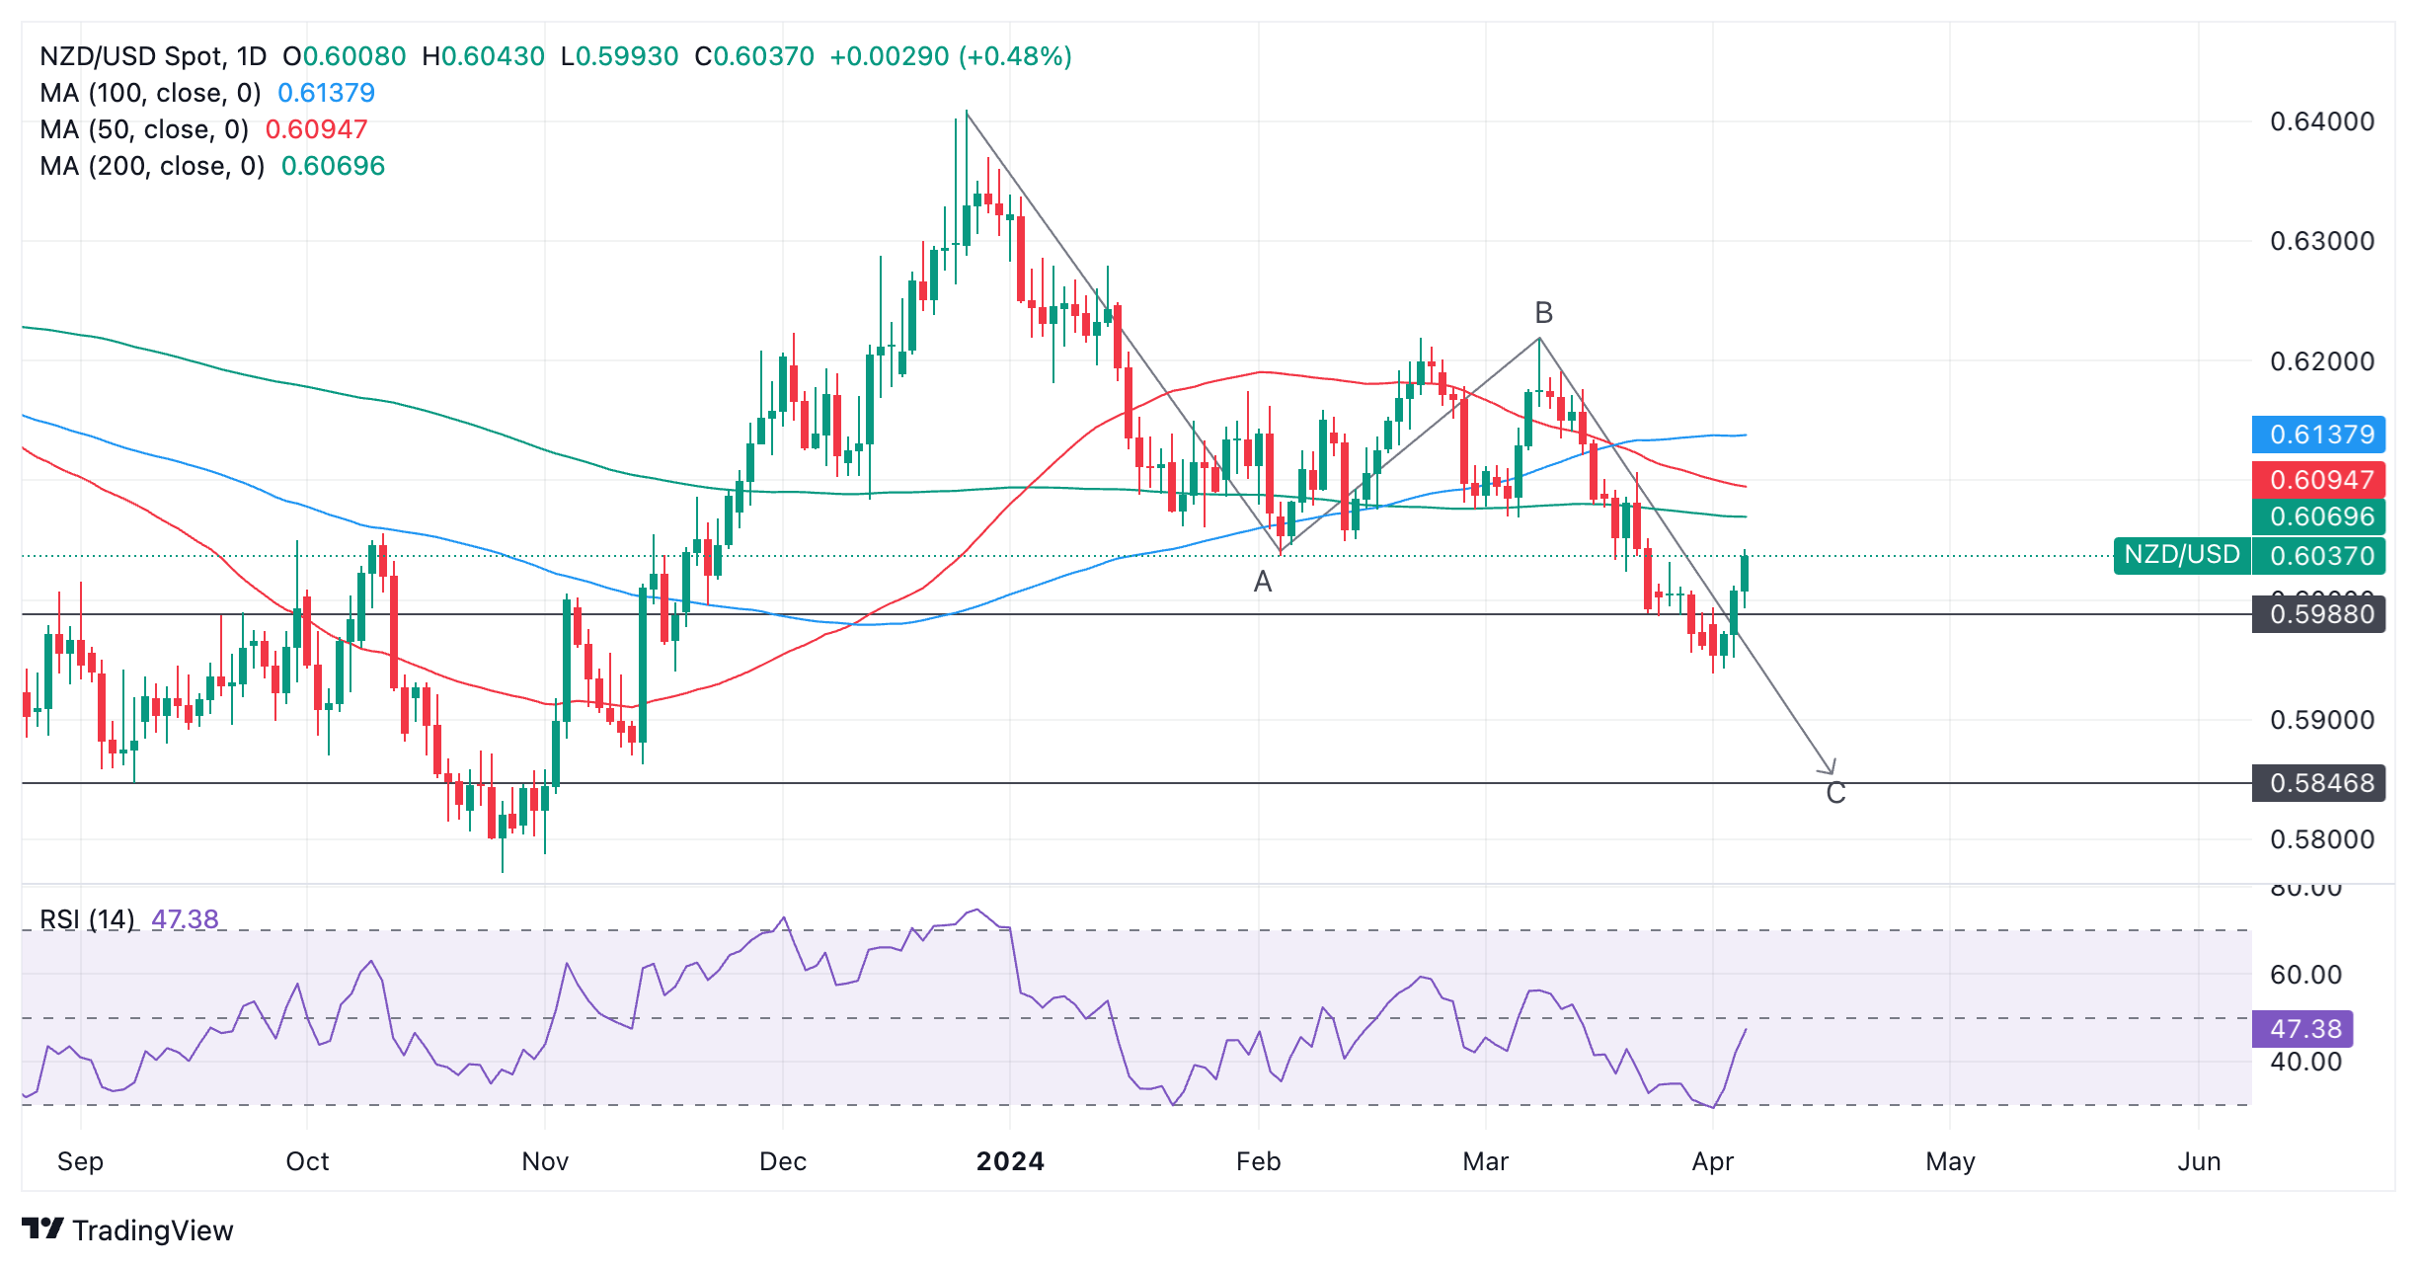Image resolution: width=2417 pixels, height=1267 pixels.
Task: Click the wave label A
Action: pyautogui.click(x=1262, y=583)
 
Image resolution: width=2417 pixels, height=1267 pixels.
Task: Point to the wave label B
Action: pyautogui.click(x=1543, y=313)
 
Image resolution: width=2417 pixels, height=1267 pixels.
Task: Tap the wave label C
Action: pyautogui.click(x=1835, y=793)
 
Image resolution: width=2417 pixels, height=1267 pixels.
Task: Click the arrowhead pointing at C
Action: pyautogui.click(x=1830, y=768)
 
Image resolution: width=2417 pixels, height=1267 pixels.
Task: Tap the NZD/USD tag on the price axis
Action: pyautogui.click(x=2181, y=555)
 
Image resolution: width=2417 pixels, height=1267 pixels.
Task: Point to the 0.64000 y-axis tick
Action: pyautogui.click(x=2321, y=121)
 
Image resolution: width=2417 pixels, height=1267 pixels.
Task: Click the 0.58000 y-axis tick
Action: pyautogui.click(x=2321, y=839)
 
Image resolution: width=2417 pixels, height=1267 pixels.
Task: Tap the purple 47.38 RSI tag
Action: pyautogui.click(x=2303, y=1029)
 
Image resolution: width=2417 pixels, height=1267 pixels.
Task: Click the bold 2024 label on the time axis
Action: pyautogui.click(x=1009, y=1161)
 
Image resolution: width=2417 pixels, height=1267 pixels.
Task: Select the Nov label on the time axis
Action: pyautogui.click(x=545, y=1161)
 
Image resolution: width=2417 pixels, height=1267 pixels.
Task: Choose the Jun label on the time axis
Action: pyautogui.click(x=2199, y=1161)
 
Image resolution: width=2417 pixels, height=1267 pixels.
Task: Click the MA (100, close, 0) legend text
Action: pyautogui.click(x=150, y=93)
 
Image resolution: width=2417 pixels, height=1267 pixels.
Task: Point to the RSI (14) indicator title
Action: pyautogui.click(x=87, y=919)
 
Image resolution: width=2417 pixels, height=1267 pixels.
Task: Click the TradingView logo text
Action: pyautogui.click(x=152, y=1230)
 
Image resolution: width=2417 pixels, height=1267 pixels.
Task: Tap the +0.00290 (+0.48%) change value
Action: pyautogui.click(x=950, y=56)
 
